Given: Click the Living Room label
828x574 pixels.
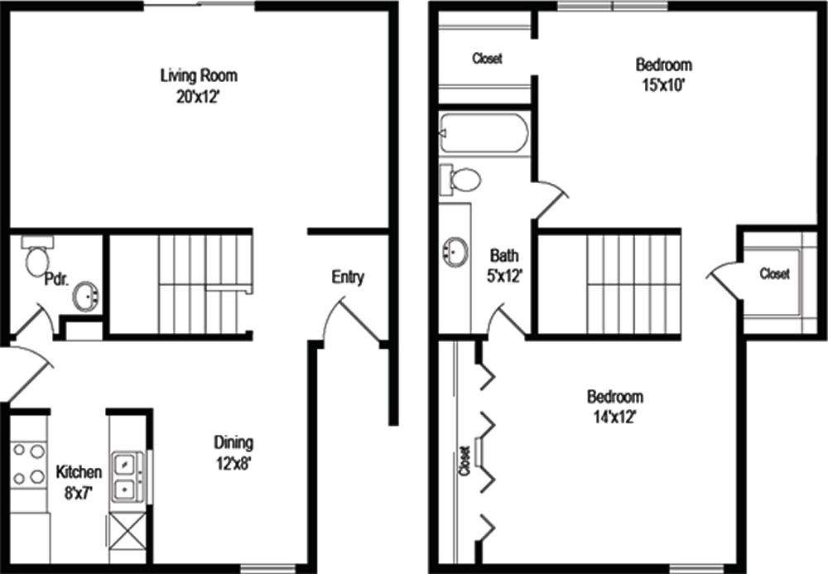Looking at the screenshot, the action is [x=199, y=76].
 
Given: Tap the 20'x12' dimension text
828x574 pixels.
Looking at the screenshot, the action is [x=198, y=98].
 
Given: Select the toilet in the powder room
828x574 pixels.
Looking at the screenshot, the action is [x=37, y=256].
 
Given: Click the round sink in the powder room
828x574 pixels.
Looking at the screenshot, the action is [x=86, y=297].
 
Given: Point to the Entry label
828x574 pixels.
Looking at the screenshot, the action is [x=348, y=277].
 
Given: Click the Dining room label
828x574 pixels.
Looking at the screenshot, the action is [x=233, y=442].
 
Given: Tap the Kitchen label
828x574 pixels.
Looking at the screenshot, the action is [x=79, y=471].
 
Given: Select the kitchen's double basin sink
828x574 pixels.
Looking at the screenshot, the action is [x=127, y=475].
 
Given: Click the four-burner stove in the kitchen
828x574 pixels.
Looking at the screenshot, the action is [x=29, y=464].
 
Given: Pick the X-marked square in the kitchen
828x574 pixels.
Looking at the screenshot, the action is [x=128, y=531].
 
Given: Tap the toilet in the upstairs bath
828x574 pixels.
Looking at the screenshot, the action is [x=460, y=179].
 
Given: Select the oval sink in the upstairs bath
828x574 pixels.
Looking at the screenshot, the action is [x=455, y=252].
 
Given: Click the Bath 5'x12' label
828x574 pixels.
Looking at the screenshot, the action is [x=504, y=266].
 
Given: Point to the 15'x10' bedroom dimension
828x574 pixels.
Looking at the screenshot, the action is [x=663, y=85].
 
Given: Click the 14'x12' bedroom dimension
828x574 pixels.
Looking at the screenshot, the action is [x=614, y=417].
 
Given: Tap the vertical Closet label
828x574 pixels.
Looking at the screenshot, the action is [x=465, y=461].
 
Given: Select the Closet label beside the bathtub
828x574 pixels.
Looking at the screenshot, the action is [x=487, y=58].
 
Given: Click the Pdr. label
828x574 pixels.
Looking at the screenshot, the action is [x=56, y=279].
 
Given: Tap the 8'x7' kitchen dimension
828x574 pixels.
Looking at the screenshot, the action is [x=79, y=494].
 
